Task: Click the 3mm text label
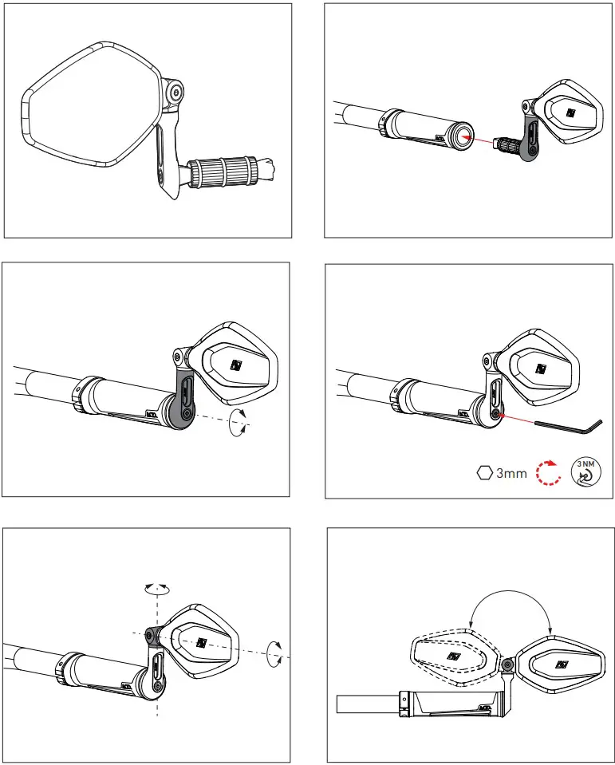511,473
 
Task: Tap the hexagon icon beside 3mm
484,473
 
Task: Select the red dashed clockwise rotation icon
549,472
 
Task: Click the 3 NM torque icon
585,472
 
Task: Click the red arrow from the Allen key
515,419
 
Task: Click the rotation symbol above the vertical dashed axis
157,589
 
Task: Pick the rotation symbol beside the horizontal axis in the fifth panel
274,654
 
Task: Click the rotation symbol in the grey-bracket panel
238,423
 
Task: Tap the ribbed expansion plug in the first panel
223,172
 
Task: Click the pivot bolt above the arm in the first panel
175,93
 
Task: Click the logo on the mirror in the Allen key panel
540,369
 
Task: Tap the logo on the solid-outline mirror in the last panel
561,664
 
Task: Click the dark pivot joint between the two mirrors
507,664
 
